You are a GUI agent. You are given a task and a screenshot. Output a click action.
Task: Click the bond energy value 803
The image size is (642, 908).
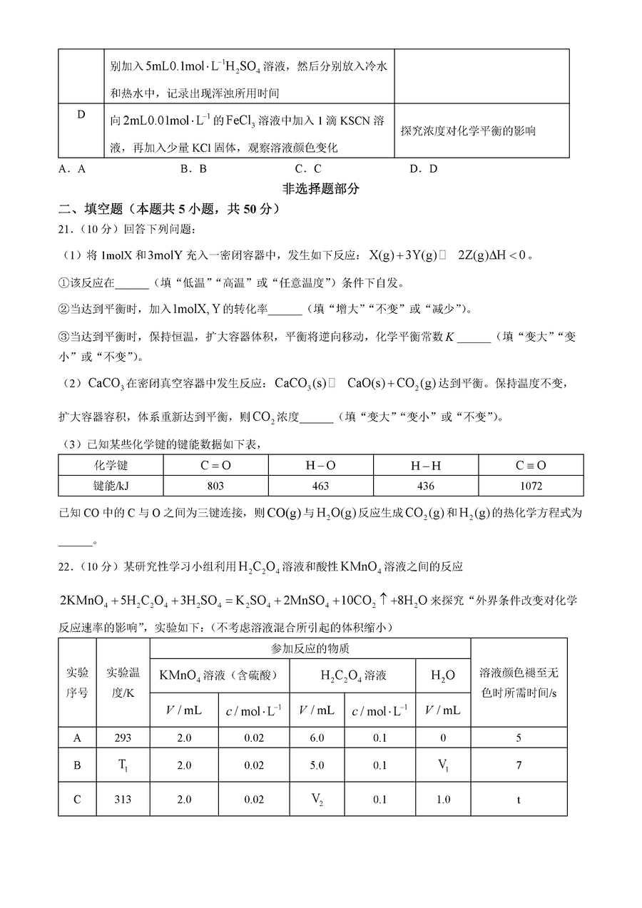(215, 486)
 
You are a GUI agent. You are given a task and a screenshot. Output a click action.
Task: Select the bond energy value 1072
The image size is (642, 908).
(531, 486)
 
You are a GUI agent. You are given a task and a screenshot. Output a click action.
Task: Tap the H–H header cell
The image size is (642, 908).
(426, 466)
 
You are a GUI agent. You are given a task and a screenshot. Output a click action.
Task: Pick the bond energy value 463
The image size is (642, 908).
(321, 486)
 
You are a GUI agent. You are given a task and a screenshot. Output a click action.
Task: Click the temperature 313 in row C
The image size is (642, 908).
(123, 800)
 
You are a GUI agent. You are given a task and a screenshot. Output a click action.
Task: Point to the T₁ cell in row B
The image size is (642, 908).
(123, 765)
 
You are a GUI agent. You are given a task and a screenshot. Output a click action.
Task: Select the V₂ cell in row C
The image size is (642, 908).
(317, 800)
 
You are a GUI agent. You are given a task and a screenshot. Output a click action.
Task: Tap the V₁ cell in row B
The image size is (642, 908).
(443, 765)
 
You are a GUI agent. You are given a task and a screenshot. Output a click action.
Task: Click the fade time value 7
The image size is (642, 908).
(519, 765)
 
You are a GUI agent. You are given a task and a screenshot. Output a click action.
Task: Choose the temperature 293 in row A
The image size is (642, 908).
(123, 738)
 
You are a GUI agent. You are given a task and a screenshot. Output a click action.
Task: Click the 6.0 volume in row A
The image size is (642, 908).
(317, 738)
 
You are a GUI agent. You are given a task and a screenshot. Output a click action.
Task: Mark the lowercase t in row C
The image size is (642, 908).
(519, 800)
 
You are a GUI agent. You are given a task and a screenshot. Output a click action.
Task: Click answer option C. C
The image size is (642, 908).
(308, 169)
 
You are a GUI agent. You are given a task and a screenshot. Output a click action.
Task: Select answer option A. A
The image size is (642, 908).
(72, 169)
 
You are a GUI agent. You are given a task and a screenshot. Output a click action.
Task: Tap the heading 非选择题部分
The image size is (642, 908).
(321, 189)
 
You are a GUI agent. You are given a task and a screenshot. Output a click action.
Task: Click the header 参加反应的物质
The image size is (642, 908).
(310, 648)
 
